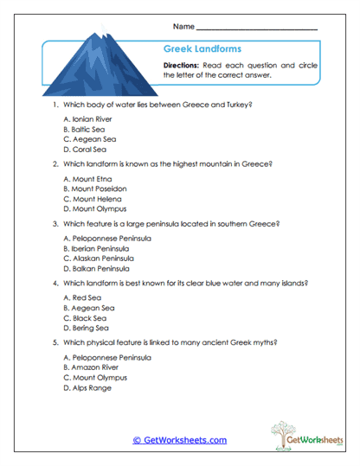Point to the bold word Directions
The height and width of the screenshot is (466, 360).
(183, 65)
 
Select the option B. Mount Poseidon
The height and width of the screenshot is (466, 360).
(95, 188)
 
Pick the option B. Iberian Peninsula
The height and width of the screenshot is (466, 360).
(99, 248)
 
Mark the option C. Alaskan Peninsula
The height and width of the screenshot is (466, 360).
(100, 259)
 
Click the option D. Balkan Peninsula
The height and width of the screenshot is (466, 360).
(99, 269)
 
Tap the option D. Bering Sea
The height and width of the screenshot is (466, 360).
(87, 328)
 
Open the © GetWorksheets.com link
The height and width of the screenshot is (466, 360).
(179, 440)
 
